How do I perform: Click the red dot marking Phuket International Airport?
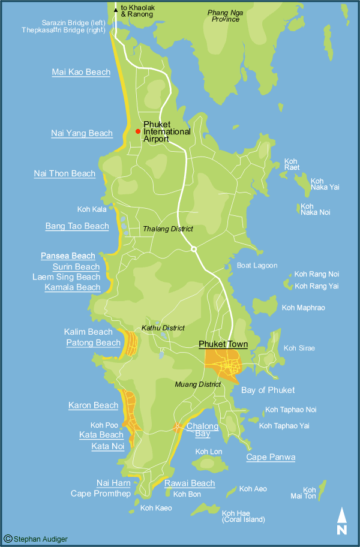(x=138, y=131)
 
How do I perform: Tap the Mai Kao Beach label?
(x=81, y=73)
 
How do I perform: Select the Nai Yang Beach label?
(x=82, y=133)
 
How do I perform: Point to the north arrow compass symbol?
(x=341, y=521)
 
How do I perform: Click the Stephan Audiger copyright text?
(x=35, y=539)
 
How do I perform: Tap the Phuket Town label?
(x=223, y=344)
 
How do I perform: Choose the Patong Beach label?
(x=93, y=342)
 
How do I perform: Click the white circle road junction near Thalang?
(x=193, y=249)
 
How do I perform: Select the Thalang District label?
(x=168, y=229)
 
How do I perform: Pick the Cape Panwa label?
(x=271, y=457)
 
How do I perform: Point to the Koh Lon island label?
(x=209, y=452)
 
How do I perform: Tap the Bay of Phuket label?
(x=268, y=390)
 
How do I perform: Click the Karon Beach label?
(x=93, y=405)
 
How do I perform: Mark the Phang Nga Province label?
(x=223, y=16)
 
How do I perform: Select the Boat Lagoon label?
(x=257, y=265)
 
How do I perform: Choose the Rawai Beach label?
(x=190, y=483)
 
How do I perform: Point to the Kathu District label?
(x=163, y=328)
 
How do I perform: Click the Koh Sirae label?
(x=299, y=348)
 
